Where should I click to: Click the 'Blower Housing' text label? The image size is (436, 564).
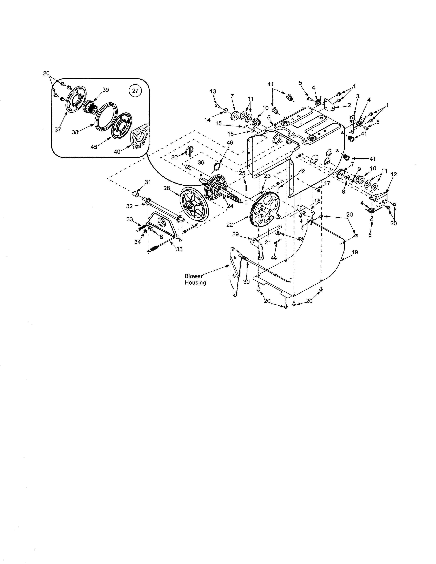coord(195,279)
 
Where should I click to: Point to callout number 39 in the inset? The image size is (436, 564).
coord(105,90)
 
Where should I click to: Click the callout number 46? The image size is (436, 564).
coord(230,143)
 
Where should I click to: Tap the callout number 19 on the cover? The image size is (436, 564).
coord(355,252)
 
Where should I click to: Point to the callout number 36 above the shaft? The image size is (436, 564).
coord(201,162)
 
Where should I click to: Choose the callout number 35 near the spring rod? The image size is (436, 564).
coord(179,249)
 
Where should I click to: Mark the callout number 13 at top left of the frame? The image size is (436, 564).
coord(213,91)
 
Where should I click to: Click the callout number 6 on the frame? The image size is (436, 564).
coord(269,117)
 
